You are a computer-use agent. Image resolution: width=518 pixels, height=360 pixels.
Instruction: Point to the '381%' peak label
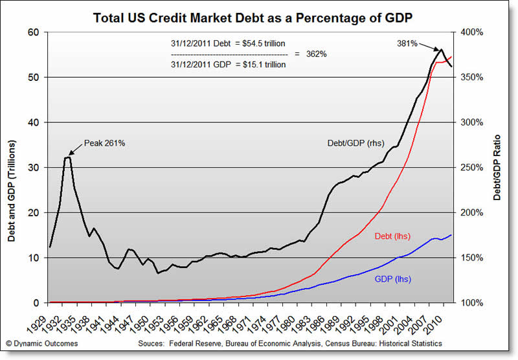click(x=407, y=44)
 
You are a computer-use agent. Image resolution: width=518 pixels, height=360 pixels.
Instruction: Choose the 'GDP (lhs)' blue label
click(x=392, y=279)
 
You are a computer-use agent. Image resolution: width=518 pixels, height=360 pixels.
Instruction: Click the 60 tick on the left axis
click(x=34, y=32)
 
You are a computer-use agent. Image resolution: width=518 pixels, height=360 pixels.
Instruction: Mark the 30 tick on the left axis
click(x=34, y=168)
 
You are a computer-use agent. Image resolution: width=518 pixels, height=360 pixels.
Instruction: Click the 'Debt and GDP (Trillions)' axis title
click(x=12, y=190)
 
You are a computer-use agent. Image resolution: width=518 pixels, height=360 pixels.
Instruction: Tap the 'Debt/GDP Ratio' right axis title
click(x=497, y=168)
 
